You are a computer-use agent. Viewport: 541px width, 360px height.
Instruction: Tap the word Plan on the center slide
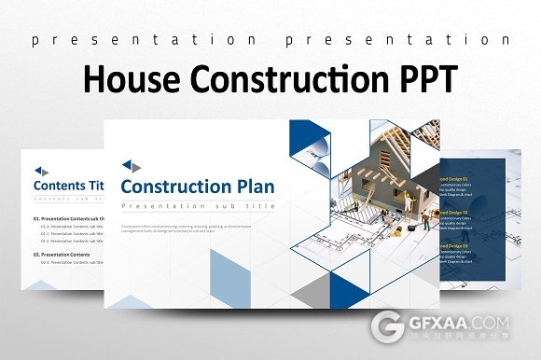click(248, 187)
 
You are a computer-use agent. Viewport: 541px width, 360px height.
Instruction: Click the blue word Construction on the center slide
click(168, 187)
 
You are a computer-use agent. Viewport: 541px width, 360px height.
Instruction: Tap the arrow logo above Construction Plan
click(131, 167)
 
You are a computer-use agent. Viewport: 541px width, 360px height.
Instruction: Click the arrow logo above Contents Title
click(41, 170)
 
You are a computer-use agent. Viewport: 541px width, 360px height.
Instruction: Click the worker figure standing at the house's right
click(424, 220)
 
